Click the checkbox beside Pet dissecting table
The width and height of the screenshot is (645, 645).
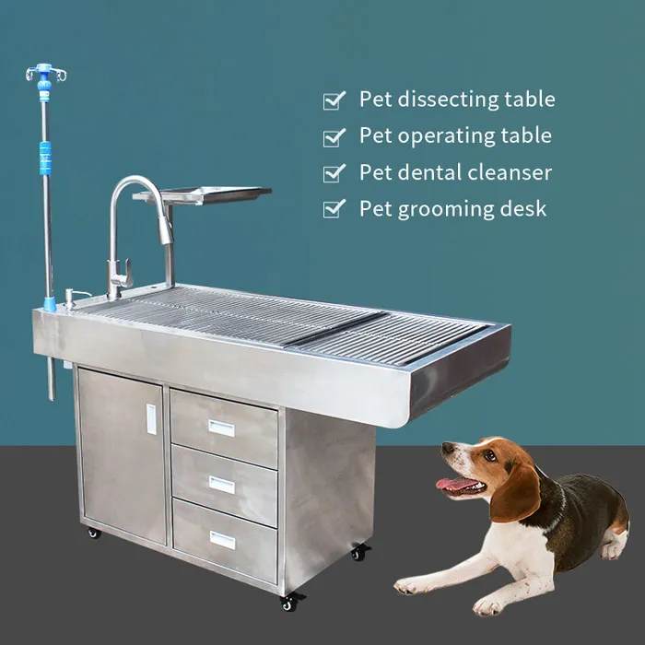(334, 100)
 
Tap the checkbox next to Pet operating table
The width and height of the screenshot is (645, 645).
(334, 137)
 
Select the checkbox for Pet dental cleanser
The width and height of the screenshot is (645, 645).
(334, 173)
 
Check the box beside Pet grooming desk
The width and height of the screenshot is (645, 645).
(334, 210)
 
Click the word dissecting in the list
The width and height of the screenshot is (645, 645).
(441, 100)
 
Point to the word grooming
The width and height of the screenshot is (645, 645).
(445, 210)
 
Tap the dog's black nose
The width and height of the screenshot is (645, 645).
(446, 449)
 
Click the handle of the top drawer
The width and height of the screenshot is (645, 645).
(221, 428)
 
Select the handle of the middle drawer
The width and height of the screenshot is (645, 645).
(221, 484)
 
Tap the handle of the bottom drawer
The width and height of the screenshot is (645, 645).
(222, 540)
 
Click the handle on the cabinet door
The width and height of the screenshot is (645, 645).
(151, 419)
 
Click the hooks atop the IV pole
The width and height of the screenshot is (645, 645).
(45, 73)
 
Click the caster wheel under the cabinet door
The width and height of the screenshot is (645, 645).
(93, 533)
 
